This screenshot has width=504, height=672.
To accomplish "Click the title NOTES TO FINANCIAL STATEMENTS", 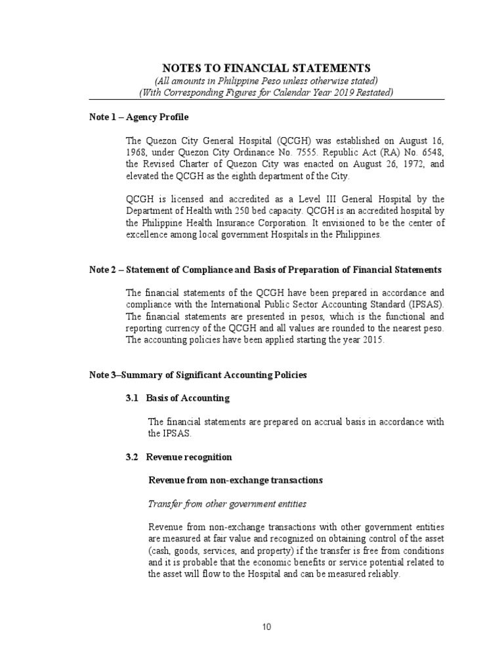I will pyautogui.click(x=266, y=68).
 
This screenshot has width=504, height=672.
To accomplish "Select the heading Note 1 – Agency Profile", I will pyautogui.click(x=138, y=117).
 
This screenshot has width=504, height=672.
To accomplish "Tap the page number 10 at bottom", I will pyautogui.click(x=266, y=627).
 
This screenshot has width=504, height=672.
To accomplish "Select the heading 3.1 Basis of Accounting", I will pyautogui.click(x=177, y=398).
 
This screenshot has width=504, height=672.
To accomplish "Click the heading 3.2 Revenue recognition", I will pyautogui.click(x=178, y=457).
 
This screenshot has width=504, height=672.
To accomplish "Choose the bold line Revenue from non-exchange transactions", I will pyautogui.click(x=236, y=480).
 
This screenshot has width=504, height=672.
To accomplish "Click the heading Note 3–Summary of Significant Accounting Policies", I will pyautogui.click(x=198, y=375).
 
